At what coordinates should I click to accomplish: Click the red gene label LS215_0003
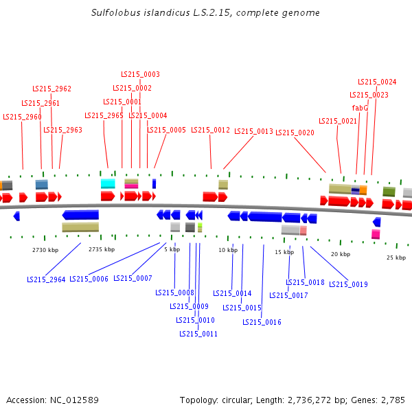(140, 74)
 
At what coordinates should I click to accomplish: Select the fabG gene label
(360, 108)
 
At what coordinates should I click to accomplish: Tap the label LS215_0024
(377, 82)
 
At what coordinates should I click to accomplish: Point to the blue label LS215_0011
(198, 334)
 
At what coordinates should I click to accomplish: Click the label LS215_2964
(46, 279)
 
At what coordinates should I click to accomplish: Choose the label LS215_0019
(348, 284)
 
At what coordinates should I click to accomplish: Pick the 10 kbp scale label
(228, 250)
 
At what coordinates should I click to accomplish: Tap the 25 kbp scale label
(396, 257)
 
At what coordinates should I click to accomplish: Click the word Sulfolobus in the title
(111, 13)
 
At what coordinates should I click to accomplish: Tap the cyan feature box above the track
(108, 183)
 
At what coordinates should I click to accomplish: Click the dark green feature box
(389, 192)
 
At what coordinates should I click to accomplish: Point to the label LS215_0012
(210, 130)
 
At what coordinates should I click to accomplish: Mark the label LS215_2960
(22, 117)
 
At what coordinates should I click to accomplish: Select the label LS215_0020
(295, 133)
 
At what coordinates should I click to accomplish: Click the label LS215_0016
(262, 322)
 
